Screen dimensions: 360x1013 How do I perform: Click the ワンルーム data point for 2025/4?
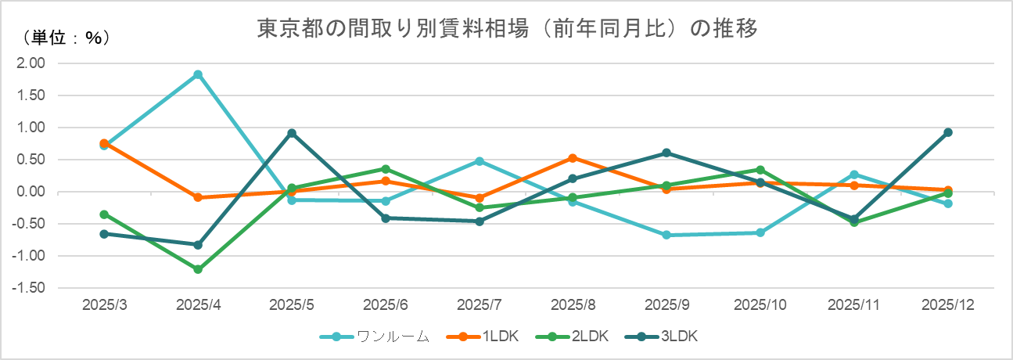[198, 74]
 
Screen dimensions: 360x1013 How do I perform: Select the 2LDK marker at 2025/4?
[198, 269]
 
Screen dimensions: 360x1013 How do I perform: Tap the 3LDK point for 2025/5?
[292, 133]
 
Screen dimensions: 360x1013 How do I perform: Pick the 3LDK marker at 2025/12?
[947, 132]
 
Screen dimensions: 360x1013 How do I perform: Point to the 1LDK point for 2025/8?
[573, 158]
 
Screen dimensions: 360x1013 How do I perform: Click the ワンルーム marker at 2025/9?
[666, 235]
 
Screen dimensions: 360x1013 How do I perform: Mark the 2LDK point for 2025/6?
[386, 169]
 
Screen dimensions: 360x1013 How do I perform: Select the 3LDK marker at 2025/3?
[104, 234]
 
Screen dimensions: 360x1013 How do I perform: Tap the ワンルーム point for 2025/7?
[480, 161]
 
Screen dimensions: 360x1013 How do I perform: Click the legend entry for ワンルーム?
[375, 337]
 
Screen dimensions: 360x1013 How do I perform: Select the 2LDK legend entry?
[577, 337]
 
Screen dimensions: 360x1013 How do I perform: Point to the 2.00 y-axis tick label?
[32, 63]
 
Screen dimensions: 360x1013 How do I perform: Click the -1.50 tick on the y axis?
[31, 288]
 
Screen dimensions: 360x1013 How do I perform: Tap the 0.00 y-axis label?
[32, 192]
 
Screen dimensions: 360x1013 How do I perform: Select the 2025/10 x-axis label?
[760, 303]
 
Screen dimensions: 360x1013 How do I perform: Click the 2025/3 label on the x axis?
[104, 303]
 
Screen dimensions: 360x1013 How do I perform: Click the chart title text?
[507, 29]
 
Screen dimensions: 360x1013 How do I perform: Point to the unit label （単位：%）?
[66, 37]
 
